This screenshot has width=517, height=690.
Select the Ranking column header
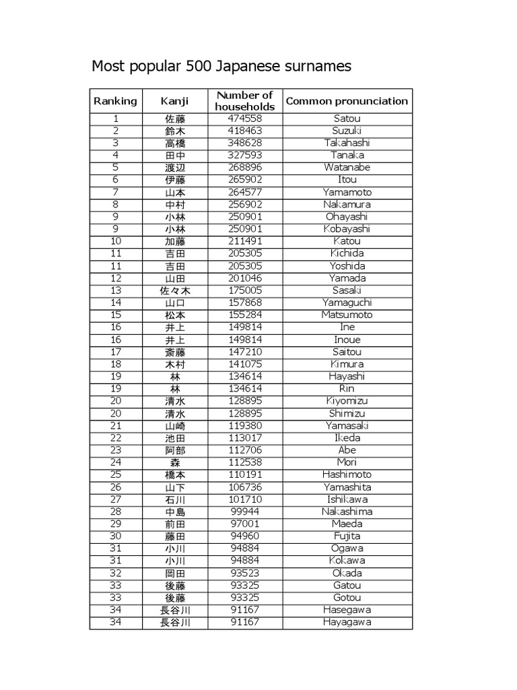tap(115, 101)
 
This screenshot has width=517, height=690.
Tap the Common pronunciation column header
tap(347, 101)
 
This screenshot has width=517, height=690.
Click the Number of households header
tap(245, 101)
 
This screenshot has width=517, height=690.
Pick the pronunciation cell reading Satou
tap(347, 119)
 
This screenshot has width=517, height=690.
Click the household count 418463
tap(245, 131)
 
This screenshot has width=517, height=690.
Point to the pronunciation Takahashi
tap(347, 143)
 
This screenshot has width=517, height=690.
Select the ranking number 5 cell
tap(115, 167)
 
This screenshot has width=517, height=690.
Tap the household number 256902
tap(245, 204)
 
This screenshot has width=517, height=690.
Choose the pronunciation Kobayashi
tap(347, 228)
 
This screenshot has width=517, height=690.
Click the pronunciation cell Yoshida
tap(347, 265)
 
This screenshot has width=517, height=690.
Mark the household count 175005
tap(245, 290)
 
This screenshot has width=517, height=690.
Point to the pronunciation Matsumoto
tap(347, 315)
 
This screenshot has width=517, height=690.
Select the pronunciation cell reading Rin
tap(347, 389)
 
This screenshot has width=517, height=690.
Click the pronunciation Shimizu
tap(347, 413)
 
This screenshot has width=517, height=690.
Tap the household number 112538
tap(245, 462)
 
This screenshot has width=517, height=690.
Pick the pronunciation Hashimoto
tap(347, 474)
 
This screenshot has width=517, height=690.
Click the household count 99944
tap(245, 511)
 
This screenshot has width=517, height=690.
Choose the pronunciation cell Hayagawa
tap(347, 622)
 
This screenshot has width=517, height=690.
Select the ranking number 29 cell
tap(115, 524)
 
